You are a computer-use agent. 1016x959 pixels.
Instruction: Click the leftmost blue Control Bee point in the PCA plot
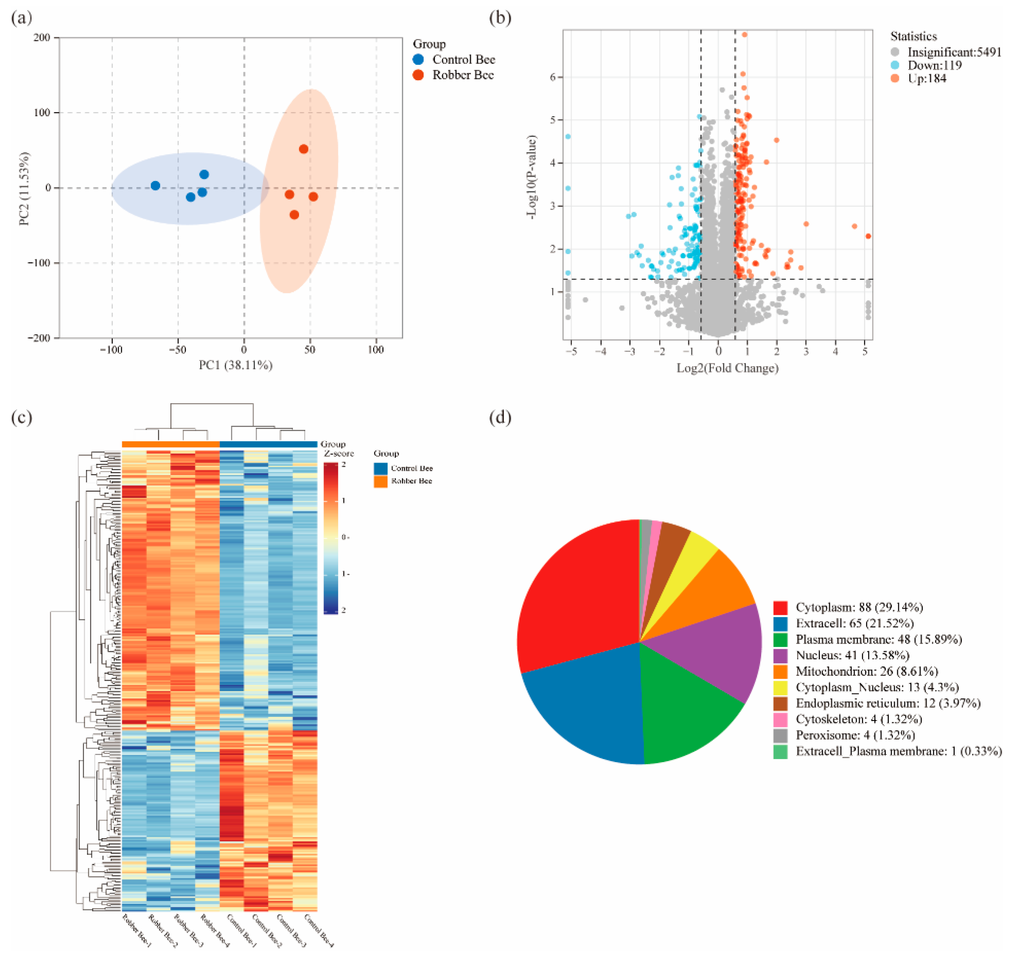click(x=155, y=186)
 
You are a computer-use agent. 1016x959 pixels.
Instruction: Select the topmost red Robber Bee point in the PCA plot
click(x=304, y=149)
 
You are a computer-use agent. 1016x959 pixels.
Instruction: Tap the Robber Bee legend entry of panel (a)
click(x=463, y=75)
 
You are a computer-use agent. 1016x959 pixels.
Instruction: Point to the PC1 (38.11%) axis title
click(x=235, y=365)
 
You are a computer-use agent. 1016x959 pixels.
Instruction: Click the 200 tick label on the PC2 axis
click(x=42, y=38)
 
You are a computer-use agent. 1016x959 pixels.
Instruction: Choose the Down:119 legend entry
click(x=934, y=65)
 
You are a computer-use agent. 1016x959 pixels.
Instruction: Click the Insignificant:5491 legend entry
click(x=954, y=52)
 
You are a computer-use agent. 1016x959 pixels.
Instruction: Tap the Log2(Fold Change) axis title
click(x=727, y=368)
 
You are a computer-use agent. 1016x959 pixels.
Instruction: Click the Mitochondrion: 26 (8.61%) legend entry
click(x=867, y=671)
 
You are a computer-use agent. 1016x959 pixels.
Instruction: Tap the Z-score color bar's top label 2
click(x=343, y=464)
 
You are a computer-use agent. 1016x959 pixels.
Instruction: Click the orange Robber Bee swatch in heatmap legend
click(x=380, y=481)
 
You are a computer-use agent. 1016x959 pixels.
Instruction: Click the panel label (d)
click(x=500, y=418)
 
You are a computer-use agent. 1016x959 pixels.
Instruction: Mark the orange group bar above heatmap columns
click(x=170, y=444)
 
